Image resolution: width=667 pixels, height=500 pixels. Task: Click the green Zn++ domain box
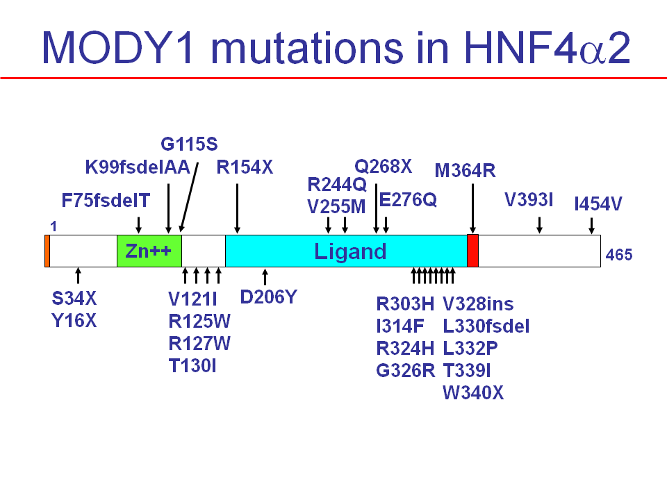click(149, 251)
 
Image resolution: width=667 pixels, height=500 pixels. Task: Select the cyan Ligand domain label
click(349, 251)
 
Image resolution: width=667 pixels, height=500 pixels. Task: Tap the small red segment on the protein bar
click(472, 251)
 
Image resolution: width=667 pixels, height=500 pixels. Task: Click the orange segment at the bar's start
click(47, 251)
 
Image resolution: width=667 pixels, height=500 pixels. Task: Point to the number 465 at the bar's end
click(618, 255)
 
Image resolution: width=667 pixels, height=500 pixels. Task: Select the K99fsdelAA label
click(137, 168)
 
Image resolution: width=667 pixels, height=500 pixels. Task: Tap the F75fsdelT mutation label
click(106, 201)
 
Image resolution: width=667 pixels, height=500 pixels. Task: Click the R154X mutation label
click(245, 168)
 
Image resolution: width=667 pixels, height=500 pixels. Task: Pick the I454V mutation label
click(598, 204)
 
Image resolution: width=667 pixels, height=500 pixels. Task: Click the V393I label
click(529, 201)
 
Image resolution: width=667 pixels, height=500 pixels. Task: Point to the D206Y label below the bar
click(268, 297)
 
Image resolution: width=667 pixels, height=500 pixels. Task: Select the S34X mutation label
click(74, 299)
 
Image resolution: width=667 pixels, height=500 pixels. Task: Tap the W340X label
click(473, 393)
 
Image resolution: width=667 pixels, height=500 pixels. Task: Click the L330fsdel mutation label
click(486, 326)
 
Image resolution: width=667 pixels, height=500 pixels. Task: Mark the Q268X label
click(384, 167)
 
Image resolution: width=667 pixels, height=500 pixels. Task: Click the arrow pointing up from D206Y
click(264, 276)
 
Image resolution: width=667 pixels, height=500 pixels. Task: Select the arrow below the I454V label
click(591, 226)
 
